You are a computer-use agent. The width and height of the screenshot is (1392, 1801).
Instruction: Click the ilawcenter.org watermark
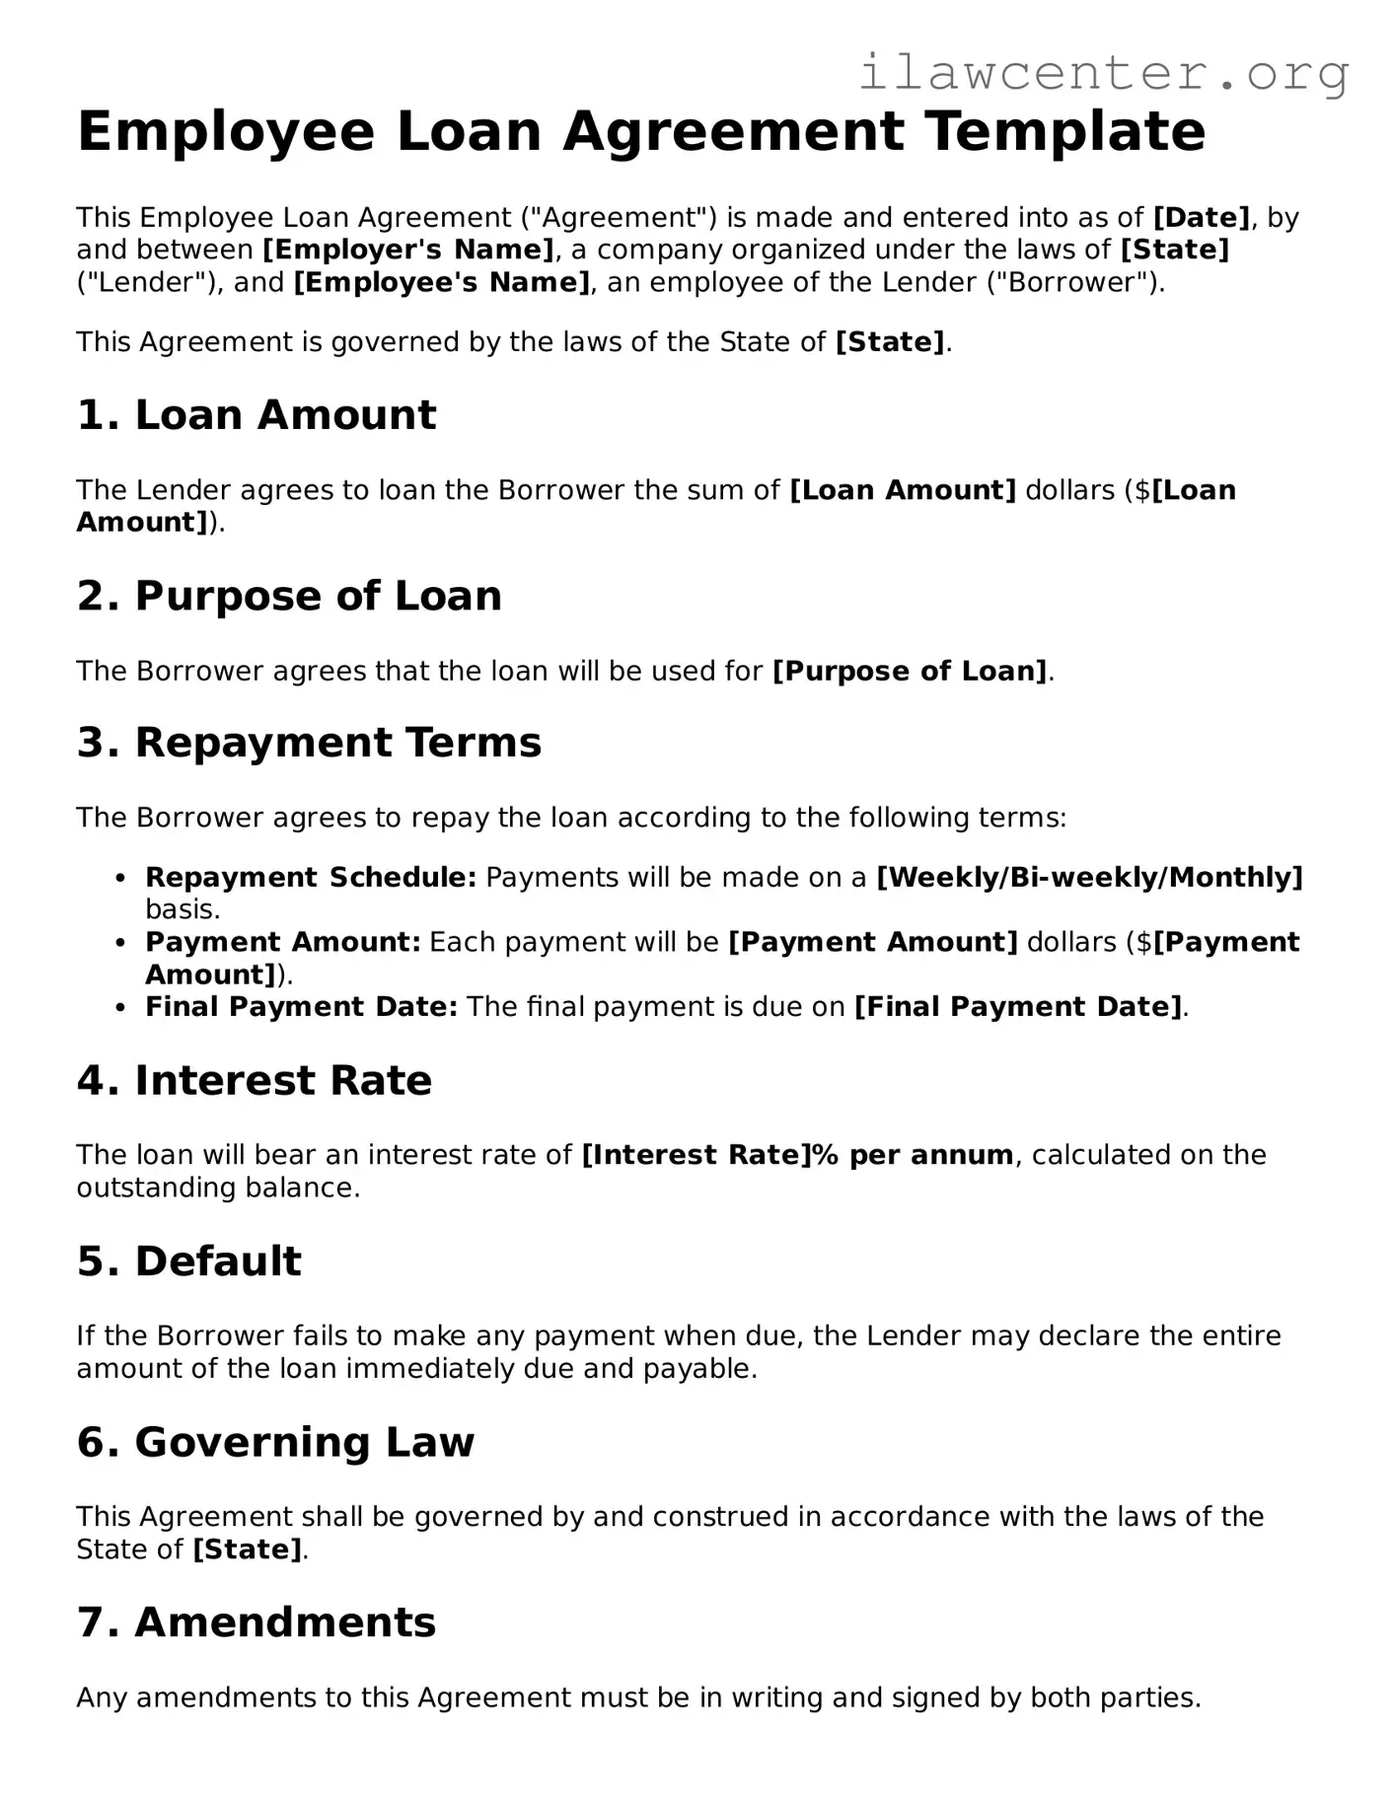[x=1103, y=73]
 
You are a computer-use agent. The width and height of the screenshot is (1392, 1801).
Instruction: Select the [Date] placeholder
[x=1202, y=217]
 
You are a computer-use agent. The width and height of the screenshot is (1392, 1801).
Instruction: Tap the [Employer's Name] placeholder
[x=408, y=250]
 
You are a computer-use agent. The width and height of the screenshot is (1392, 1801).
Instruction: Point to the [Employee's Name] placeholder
[x=442, y=283]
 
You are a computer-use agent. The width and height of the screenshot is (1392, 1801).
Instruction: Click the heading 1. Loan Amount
[x=256, y=415]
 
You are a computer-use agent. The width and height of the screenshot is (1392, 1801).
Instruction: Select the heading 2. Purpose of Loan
[x=289, y=596]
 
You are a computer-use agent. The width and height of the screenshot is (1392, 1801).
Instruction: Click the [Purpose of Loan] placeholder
[x=910, y=672]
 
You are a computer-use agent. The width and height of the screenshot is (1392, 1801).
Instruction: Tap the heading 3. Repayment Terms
[x=309, y=743]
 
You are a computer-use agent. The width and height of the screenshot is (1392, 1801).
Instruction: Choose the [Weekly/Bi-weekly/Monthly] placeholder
[x=1089, y=877]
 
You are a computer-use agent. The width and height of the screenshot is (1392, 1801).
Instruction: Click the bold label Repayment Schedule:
[x=311, y=877]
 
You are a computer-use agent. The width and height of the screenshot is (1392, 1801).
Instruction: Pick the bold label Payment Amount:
[x=283, y=942]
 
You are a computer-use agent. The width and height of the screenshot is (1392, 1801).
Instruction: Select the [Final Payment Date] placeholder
[x=1017, y=1007]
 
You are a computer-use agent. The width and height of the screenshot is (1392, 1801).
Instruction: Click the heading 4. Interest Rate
[x=255, y=1081]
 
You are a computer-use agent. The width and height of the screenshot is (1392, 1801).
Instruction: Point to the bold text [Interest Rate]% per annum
[x=797, y=1155]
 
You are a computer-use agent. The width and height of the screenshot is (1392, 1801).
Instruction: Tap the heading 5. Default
[x=189, y=1261]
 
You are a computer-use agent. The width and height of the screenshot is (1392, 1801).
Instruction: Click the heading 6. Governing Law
[x=275, y=1442]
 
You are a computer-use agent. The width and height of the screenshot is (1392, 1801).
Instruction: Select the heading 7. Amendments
[x=256, y=1622]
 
